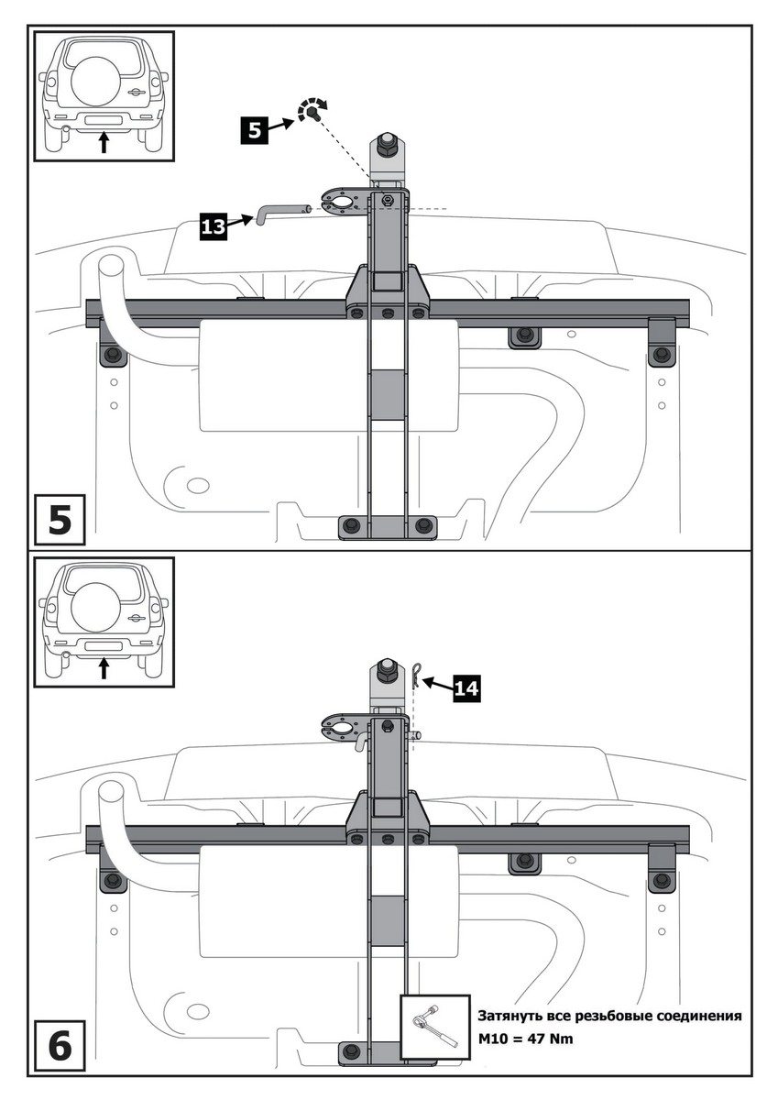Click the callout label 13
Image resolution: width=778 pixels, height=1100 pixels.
213,225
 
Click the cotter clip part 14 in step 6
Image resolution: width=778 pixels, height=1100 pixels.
415,675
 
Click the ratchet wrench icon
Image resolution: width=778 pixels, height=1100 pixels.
435,1029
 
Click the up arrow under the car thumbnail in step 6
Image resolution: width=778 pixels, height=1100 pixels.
104,669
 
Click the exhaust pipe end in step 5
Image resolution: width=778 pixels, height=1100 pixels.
114,267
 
